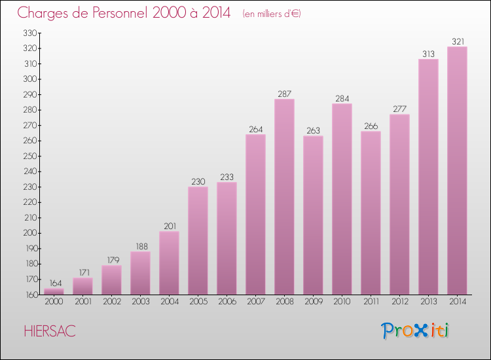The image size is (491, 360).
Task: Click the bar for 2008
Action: [284, 196]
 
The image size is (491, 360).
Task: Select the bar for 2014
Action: [457, 170]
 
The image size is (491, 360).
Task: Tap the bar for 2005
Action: [198, 240]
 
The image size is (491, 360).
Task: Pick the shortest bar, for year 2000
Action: [54, 291]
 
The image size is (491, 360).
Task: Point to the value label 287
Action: [284, 94]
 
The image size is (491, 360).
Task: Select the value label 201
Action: [169, 226]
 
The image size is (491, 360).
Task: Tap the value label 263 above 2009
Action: [313, 130]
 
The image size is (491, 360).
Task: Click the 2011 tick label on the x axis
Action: [371, 302]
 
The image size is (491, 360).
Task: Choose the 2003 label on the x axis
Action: [140, 302]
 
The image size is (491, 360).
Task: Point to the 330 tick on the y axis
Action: [30, 33]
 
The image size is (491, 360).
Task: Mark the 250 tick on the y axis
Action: [30, 156]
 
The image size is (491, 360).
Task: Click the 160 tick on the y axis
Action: [30, 295]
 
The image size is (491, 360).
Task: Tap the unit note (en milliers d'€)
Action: [271, 14]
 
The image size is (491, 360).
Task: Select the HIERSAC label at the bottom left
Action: [49, 331]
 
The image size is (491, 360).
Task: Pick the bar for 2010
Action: [342, 199]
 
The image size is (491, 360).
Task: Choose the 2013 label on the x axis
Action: [428, 302]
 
